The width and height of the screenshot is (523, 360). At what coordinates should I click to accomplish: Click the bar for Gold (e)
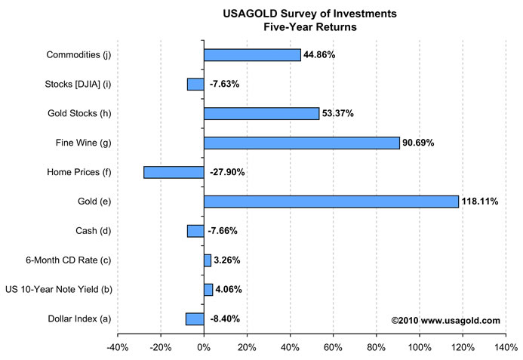(331, 202)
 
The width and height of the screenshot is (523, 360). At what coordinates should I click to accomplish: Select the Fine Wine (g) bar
(301, 143)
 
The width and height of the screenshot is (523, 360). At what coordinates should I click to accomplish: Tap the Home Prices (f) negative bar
(174, 172)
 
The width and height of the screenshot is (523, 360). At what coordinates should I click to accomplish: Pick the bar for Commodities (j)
(252, 55)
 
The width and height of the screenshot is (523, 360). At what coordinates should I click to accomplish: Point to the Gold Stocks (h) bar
(261, 113)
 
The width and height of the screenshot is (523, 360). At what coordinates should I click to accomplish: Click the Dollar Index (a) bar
(195, 318)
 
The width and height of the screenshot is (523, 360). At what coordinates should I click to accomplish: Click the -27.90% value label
(227, 172)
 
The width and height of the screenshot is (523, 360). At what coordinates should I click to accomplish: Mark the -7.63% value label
(224, 85)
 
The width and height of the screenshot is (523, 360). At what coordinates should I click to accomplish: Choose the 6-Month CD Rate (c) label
(69, 260)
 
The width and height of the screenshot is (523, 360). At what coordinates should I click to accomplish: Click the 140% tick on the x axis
(506, 347)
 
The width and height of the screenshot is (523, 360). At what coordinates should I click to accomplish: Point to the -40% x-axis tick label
(117, 347)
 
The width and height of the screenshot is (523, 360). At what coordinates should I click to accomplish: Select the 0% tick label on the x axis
(204, 347)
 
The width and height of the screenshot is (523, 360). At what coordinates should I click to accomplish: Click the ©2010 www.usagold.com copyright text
(445, 320)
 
